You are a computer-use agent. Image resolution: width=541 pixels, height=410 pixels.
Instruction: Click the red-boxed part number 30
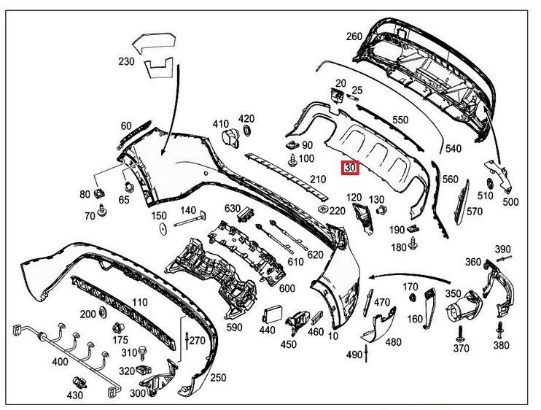[x=351, y=168]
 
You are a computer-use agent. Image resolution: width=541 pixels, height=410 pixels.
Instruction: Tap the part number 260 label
[x=354, y=36]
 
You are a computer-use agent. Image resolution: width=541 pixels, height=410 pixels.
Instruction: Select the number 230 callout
[x=125, y=62]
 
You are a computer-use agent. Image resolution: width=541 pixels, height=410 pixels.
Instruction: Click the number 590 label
[x=234, y=328]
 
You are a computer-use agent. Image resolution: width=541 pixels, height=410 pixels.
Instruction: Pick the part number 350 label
[x=453, y=294]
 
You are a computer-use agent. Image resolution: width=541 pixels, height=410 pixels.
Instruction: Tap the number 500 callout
[x=511, y=202]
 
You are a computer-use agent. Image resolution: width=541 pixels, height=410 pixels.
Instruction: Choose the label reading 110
[x=141, y=301]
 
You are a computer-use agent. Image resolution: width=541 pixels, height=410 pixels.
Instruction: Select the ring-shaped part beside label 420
[x=246, y=131]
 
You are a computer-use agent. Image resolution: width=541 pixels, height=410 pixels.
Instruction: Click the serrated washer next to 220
[x=322, y=210]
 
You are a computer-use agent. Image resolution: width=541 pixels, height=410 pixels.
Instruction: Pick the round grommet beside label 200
[x=102, y=314]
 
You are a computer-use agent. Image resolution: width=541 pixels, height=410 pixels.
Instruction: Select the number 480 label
[x=393, y=341]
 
